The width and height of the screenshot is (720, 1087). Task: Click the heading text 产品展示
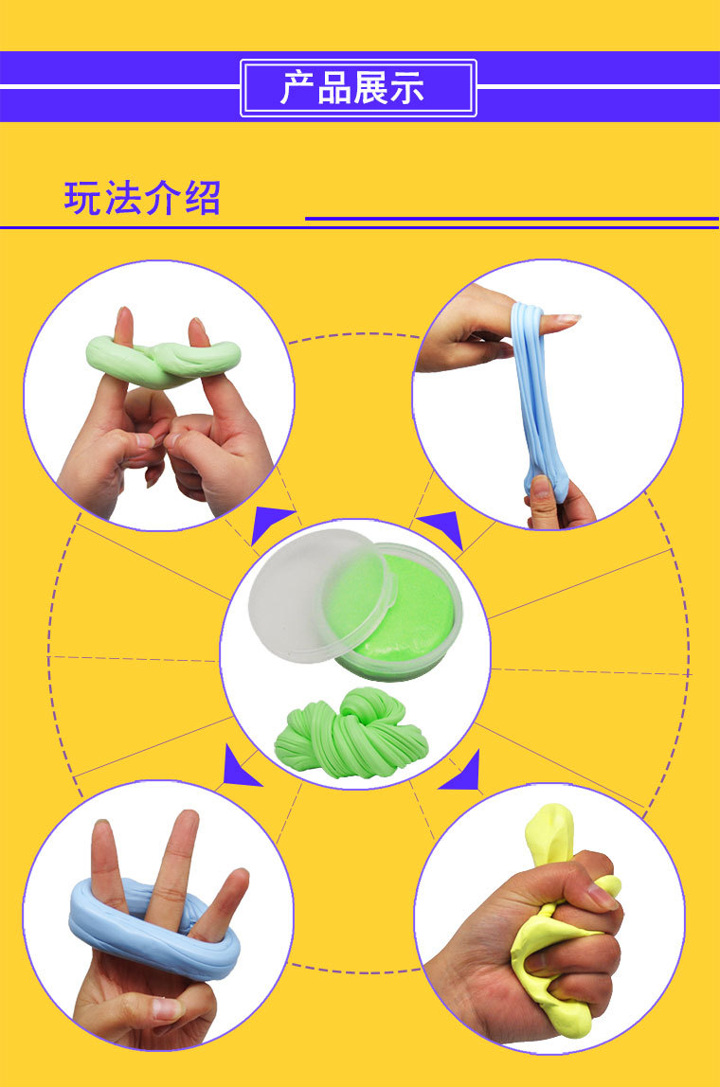[x=358, y=88]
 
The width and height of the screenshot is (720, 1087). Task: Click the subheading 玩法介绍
[x=142, y=199]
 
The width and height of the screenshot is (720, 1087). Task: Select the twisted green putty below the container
[x=351, y=734]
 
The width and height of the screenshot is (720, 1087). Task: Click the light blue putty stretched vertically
[x=536, y=398]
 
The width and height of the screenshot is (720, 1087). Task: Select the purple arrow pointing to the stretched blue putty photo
[x=441, y=527]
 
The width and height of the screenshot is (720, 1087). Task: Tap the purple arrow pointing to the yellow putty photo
[x=463, y=772]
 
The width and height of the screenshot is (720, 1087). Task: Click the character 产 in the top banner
[x=297, y=88]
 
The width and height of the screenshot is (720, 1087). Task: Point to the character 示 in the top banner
[x=405, y=88]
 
